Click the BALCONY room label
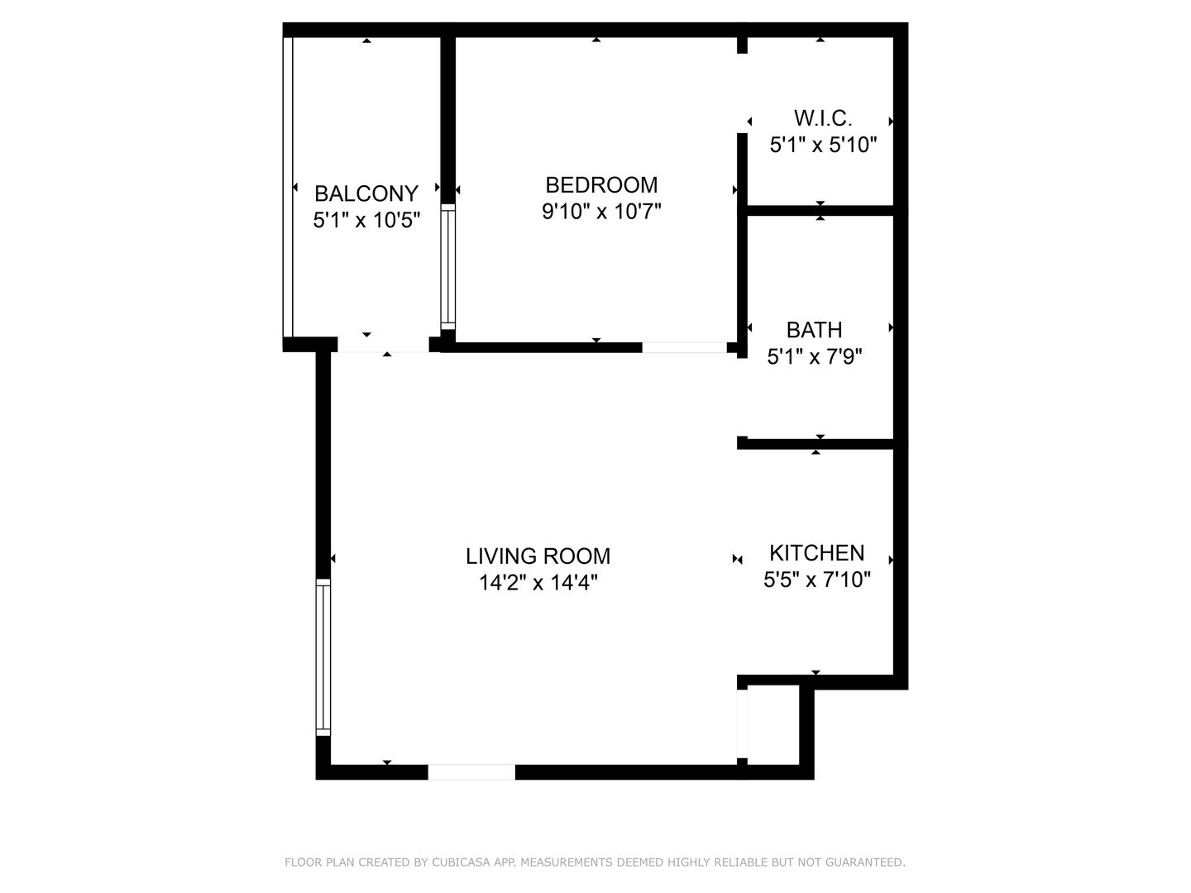pyautogui.click(x=366, y=193)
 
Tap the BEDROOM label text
pyautogui.click(x=601, y=184)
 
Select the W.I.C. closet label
pyautogui.click(x=822, y=117)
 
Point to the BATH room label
pyautogui.click(x=814, y=330)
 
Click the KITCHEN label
pyautogui.click(x=816, y=552)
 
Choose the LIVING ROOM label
pyautogui.click(x=538, y=556)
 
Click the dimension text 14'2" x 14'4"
pyautogui.click(x=538, y=583)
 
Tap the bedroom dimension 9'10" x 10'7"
pyautogui.click(x=601, y=212)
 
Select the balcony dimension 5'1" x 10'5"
pyautogui.click(x=366, y=221)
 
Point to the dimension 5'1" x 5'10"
pyautogui.click(x=822, y=146)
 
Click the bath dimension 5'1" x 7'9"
pyautogui.click(x=814, y=357)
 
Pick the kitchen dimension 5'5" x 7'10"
pyautogui.click(x=816, y=580)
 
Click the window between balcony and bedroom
pyautogui.click(x=447, y=265)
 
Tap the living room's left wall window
pyautogui.click(x=323, y=657)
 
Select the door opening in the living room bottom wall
pyautogui.click(x=471, y=772)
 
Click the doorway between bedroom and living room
pyautogui.click(x=684, y=347)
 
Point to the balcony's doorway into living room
pyautogui.click(x=383, y=346)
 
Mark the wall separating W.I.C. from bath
pyautogui.click(x=820, y=211)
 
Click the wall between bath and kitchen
pyautogui.click(x=818, y=444)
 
